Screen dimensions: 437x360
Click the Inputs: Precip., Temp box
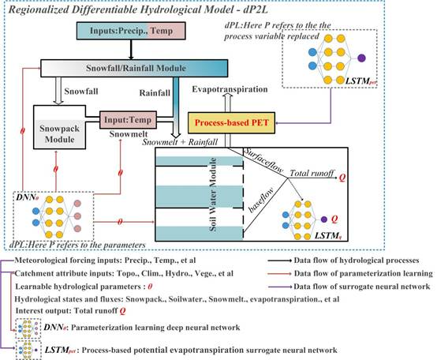131,31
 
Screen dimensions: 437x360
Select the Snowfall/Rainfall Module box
134,68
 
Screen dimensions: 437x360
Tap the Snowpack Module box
59,127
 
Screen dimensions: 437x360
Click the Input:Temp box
129,120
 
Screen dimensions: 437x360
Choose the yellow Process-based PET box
231,122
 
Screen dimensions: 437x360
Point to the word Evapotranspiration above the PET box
230,89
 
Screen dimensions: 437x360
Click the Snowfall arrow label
81,92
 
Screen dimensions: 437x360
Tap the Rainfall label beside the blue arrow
155,93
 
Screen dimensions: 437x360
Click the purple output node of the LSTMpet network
361,58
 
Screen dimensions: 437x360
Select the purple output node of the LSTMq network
324,219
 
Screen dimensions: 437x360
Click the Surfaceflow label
263,160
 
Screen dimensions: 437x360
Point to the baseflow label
261,201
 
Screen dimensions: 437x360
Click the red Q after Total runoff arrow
342,178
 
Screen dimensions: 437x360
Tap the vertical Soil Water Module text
213,194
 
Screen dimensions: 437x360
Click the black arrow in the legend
279,261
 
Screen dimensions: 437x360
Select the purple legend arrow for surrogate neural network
279,287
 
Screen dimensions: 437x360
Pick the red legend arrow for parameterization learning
279,274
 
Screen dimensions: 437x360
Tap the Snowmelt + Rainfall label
180,142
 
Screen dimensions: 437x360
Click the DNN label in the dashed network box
28,197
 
